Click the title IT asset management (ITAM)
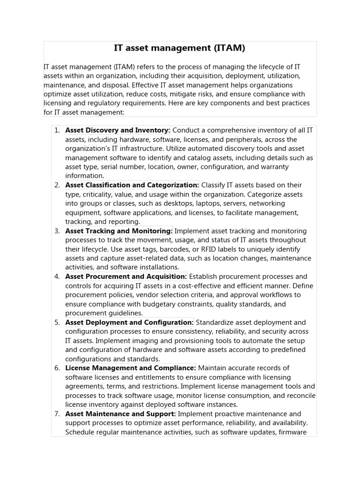(x=180, y=48)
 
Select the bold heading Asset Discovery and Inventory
(x=118, y=130)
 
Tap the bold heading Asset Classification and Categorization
(x=132, y=185)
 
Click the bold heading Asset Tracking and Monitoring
(x=119, y=231)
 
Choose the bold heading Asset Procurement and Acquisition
(x=126, y=277)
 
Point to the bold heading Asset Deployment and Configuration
(x=129, y=322)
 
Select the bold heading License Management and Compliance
(x=131, y=368)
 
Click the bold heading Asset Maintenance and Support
(x=120, y=414)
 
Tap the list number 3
(x=57, y=231)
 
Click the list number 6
(x=57, y=368)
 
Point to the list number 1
(x=57, y=130)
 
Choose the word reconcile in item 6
(x=296, y=396)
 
